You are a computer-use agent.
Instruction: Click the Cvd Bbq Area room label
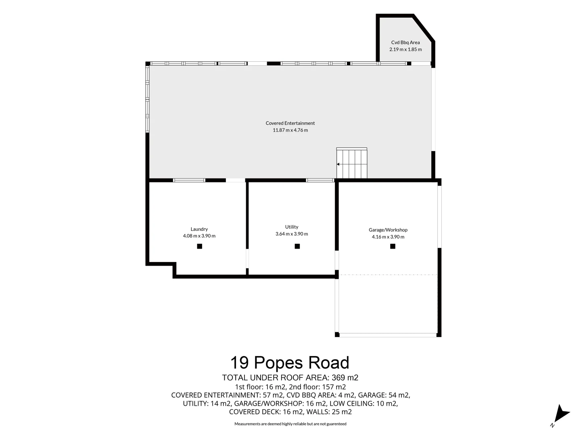click(405, 42)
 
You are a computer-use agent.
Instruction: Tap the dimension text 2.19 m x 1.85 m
click(405, 49)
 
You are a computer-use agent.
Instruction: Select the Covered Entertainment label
click(290, 123)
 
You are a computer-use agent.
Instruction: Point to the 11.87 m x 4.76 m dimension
click(290, 130)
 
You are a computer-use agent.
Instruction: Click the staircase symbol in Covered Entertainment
click(352, 163)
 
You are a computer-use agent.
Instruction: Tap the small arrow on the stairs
click(338, 164)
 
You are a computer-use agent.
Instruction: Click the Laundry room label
click(199, 229)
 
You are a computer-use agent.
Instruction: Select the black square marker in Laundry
click(199, 246)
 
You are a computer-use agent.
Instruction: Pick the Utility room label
click(291, 227)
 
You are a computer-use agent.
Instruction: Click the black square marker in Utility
click(297, 246)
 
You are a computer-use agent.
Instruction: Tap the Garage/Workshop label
click(388, 230)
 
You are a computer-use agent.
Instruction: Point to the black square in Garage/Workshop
click(393, 246)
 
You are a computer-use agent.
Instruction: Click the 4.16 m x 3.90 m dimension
click(388, 237)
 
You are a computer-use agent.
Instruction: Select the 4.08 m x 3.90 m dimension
click(199, 236)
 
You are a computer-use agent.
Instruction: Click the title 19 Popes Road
click(290, 363)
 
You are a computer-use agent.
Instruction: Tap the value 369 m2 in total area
click(345, 378)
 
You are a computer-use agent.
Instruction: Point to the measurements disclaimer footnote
click(290, 424)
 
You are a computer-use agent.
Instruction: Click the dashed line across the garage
click(388, 275)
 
